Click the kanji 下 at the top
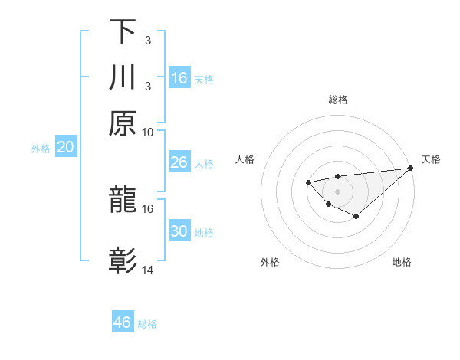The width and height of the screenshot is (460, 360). coord(123,33)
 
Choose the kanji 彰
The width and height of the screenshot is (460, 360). coord(123,261)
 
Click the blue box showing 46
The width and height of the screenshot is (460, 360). coord(123,322)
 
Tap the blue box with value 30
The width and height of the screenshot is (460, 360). coord(179,232)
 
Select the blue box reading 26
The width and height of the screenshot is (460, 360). coord(179,162)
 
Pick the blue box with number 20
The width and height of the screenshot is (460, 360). coord(65,148)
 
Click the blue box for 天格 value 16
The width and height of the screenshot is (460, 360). coord(179,78)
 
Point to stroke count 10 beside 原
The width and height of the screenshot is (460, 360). coord(148,133)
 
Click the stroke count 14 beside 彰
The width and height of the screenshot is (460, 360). coord(148,270)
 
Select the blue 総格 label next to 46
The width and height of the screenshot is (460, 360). coord(148,324)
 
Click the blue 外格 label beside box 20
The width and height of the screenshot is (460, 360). coord(41,149)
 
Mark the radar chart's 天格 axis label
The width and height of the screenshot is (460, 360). coord(431,159)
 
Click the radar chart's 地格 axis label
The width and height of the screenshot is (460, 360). coord(402,263)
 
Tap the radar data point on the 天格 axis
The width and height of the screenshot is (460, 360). coord(410,169)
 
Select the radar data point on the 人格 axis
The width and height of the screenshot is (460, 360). coord(308,182)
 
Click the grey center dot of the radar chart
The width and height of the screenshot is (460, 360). coord(337,191)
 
